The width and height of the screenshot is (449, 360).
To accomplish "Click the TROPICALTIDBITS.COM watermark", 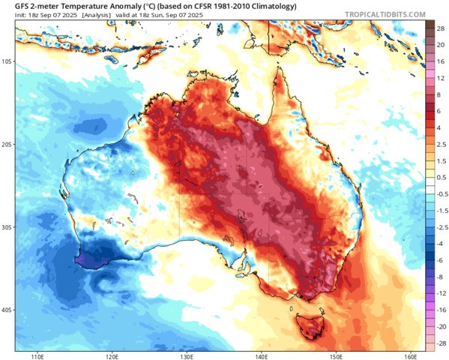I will (385, 14).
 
